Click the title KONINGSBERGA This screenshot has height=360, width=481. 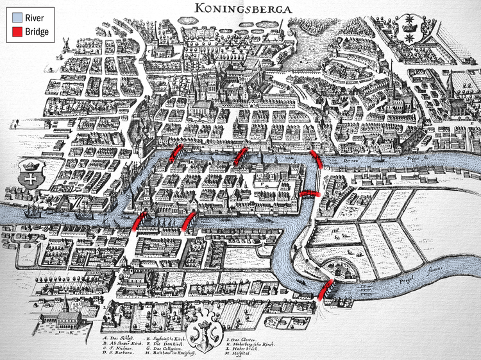click(240, 8)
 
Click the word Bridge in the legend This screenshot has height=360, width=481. click(37, 30)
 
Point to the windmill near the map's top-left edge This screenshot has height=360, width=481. click(63, 42)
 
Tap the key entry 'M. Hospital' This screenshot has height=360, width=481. click(238, 354)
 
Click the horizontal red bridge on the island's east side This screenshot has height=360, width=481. click(310, 193)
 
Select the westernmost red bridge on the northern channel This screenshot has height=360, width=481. click(175, 154)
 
